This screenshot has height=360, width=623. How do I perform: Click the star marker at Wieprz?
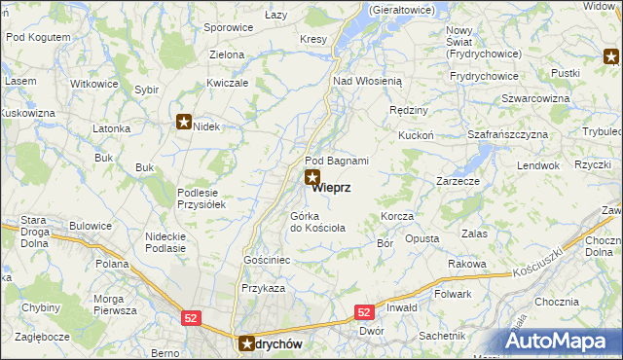click(311, 177)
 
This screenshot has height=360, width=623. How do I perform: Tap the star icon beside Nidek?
click(183, 122)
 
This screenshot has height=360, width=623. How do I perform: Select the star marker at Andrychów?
click(248, 342)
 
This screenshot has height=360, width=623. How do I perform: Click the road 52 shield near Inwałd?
click(363, 312)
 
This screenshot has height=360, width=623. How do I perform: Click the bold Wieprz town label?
click(331, 189)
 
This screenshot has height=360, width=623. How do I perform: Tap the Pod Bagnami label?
click(336, 161)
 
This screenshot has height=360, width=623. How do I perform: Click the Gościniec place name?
click(267, 261)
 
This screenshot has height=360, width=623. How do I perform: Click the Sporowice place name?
click(228, 28)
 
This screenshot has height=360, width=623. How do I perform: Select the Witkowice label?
click(94, 84)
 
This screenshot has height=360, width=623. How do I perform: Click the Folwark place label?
click(453, 294)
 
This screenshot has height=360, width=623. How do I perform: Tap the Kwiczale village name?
click(228, 83)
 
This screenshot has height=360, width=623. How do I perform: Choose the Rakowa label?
click(467, 264)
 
